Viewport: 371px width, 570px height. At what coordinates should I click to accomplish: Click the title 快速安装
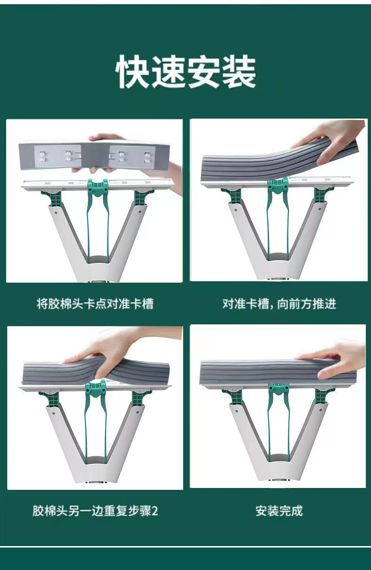pyautogui.click(x=185, y=72)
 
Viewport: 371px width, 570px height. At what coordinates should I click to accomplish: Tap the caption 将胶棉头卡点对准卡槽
pyautogui.click(x=95, y=304)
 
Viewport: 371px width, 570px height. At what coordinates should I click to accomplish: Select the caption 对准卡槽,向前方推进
pyautogui.click(x=279, y=304)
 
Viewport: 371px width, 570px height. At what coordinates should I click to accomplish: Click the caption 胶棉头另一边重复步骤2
pyautogui.click(x=95, y=511)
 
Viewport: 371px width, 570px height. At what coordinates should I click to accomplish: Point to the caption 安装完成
pyautogui.click(x=279, y=511)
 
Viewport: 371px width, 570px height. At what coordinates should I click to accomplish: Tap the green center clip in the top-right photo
pyautogui.click(x=278, y=187)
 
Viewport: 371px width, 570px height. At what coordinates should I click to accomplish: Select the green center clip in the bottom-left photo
pyautogui.click(x=96, y=390)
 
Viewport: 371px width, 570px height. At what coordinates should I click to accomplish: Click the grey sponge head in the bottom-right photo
pyautogui.click(x=277, y=373)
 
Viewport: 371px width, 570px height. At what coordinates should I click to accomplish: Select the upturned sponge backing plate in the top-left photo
pyautogui.click(x=94, y=155)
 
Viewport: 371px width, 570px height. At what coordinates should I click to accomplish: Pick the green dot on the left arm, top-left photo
pyautogui.click(x=55, y=212)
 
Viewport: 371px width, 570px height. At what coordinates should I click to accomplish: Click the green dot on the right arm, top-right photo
pyautogui.click(x=320, y=209)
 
